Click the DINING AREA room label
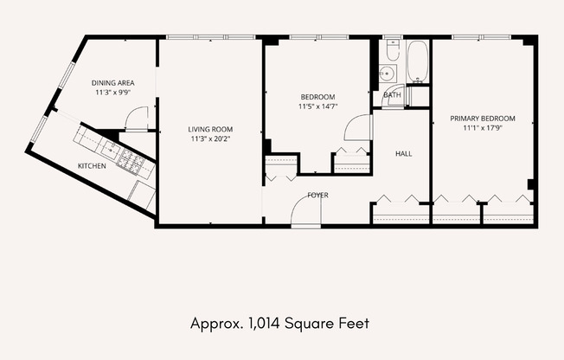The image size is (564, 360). click(113, 83)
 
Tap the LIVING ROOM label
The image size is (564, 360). click(210, 129)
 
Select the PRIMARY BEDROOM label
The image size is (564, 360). click(483, 119)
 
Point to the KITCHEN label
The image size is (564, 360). click(92, 166)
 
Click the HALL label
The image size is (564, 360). click(404, 154)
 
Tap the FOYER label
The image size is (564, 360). click(318, 195)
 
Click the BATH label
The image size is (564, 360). click(392, 95)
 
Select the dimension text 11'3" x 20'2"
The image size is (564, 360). click(210, 139)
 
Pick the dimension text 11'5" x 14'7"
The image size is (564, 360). click(318, 106)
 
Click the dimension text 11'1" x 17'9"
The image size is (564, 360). click(483, 128)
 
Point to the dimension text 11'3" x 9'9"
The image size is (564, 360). click(113, 93)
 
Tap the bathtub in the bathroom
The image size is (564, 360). click(417, 61)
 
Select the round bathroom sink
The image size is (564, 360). click(387, 74)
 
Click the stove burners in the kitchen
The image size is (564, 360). click(131, 162)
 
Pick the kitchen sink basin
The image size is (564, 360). click(110, 148)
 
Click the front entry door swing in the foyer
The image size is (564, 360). click(305, 210)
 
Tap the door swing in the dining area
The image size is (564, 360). click(136, 118)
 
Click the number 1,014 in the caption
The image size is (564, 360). click(264, 324)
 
